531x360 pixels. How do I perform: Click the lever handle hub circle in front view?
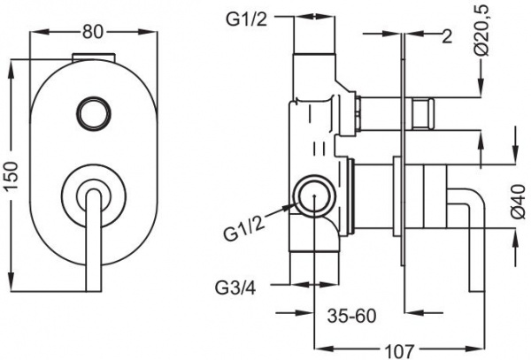pyautogui.click(x=91, y=188)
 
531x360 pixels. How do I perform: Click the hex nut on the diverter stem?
pyautogui.click(x=421, y=114)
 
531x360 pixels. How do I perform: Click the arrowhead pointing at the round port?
pyautogui.click(x=287, y=207)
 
